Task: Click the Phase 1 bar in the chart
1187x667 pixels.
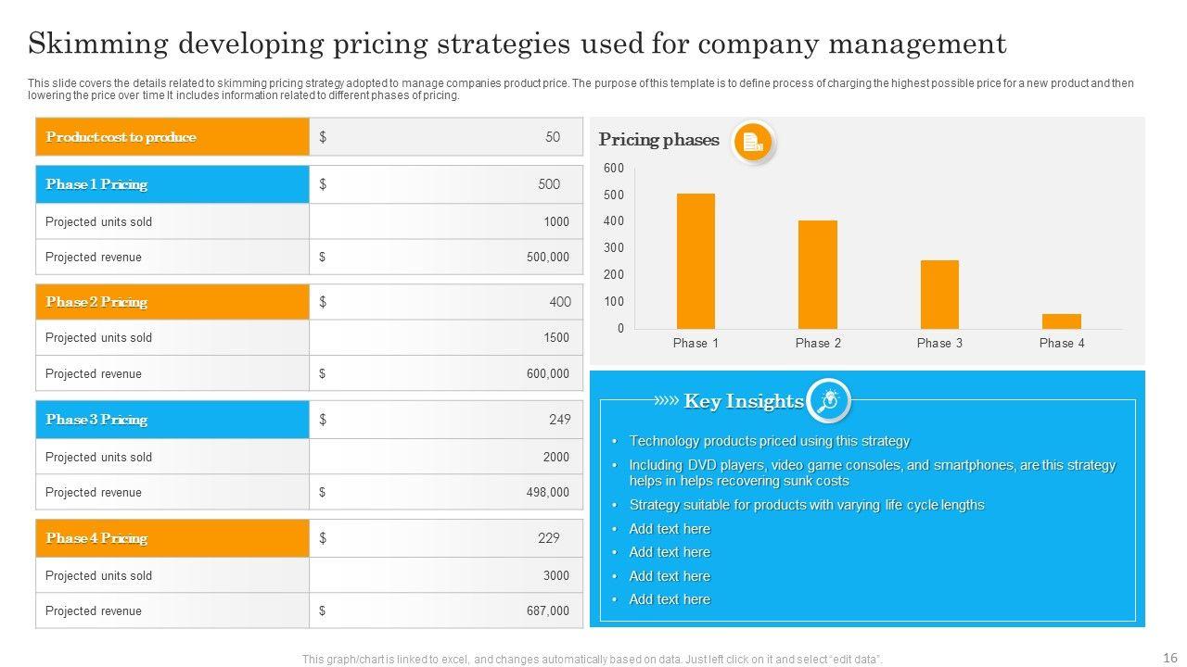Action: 696,261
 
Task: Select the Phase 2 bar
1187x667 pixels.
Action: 817,274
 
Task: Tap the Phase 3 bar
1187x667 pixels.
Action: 939,295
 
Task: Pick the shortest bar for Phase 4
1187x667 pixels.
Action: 1061,321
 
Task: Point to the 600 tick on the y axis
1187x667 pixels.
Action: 614,168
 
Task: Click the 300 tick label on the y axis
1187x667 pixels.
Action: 614,248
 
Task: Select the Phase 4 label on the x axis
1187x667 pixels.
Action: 1061,343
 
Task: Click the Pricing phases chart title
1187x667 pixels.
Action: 658,140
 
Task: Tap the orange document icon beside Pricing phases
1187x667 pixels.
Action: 752,143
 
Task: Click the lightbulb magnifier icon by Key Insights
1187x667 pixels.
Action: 828,400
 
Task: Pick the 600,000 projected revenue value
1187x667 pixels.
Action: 547,373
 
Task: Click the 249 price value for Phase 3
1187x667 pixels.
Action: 559,420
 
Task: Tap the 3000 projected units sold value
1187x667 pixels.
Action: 555,575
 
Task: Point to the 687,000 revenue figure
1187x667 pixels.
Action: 547,610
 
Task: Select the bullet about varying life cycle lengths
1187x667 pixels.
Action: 806,505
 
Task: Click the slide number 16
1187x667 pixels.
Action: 1169,657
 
